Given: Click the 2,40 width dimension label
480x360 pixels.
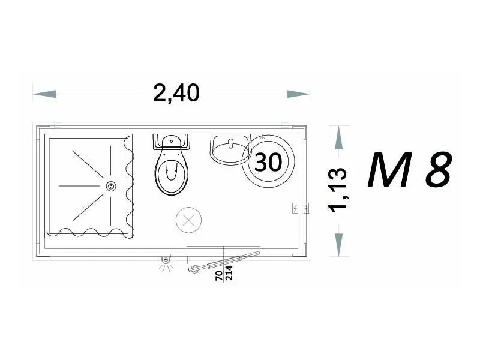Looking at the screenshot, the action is (x=176, y=93).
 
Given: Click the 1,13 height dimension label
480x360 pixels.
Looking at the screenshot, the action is (x=338, y=190).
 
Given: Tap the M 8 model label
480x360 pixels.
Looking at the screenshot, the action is (x=409, y=170).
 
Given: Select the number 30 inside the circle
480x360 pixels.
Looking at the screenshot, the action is (x=268, y=162).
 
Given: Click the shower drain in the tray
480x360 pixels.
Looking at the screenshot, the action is (x=111, y=186).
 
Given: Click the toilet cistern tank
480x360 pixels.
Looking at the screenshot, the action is (x=172, y=142).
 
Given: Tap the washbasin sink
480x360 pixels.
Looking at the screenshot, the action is (x=230, y=149).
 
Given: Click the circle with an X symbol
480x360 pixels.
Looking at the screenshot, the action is (x=188, y=220).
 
